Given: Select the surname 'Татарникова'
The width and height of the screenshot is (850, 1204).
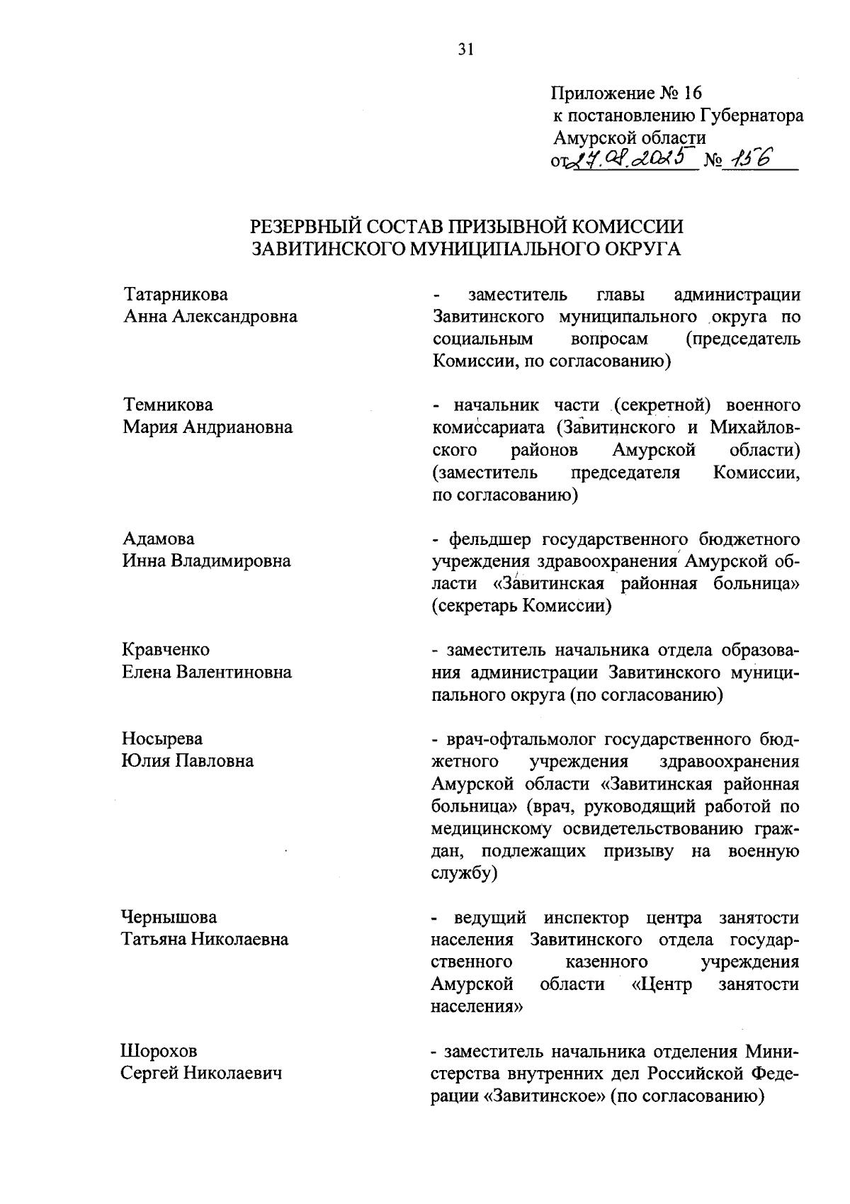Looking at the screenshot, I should pos(176,294).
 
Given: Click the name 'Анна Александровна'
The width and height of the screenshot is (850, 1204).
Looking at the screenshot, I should pos(210,316).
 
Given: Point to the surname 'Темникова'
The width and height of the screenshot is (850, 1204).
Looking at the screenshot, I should pos(168,405).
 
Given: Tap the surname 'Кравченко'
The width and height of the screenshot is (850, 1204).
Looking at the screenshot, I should pos(166,649).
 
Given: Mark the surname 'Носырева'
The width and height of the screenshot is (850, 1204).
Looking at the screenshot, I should pos(162,738).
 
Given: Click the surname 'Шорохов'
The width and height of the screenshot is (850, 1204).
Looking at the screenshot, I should pos(159,1050).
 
